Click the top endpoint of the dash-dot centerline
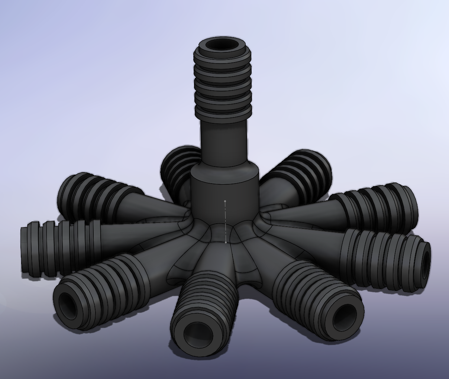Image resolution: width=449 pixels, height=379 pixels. pyautogui.click(x=225, y=201)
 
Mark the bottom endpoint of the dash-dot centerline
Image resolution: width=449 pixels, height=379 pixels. pyautogui.click(x=226, y=242)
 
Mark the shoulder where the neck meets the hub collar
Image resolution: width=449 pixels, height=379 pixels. pyautogui.click(x=224, y=169)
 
